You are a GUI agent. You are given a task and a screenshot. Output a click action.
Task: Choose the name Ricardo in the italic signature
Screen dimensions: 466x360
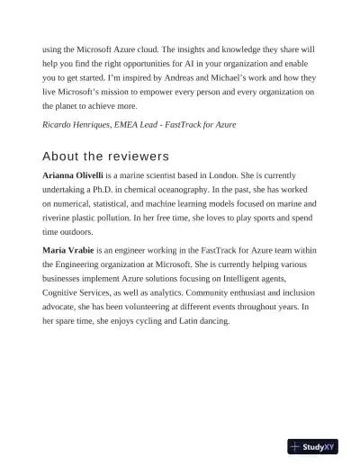[x=59, y=124]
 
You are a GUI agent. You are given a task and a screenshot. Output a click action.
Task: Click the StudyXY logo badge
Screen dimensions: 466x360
[x=312, y=447]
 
